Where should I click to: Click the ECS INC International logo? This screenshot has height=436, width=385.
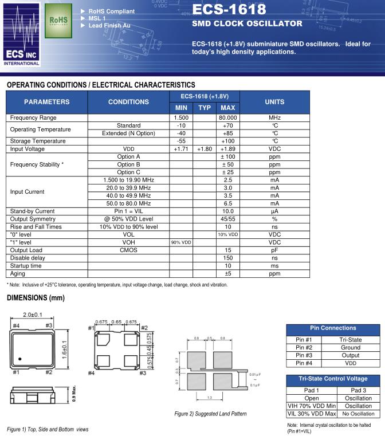pos(21,34)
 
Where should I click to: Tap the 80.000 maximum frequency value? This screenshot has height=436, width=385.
pos(227,117)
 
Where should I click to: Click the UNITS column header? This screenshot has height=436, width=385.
pos(274,102)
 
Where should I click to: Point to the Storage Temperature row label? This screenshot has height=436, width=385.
pos(38,141)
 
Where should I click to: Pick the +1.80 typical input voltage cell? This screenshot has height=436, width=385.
pos(205,149)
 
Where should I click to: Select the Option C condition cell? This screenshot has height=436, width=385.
pos(128,172)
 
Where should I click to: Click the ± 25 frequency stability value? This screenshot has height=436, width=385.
pos(227,172)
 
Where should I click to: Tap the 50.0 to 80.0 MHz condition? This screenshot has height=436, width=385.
pos(128,203)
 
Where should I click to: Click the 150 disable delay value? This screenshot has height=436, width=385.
pos(227,258)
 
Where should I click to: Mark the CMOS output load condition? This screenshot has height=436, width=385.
pos(128,250)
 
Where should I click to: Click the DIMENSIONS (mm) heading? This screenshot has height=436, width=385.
pos(36,298)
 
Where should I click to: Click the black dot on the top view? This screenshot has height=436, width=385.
pos(20,359)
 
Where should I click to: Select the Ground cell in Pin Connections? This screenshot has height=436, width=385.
pos(351,348)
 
